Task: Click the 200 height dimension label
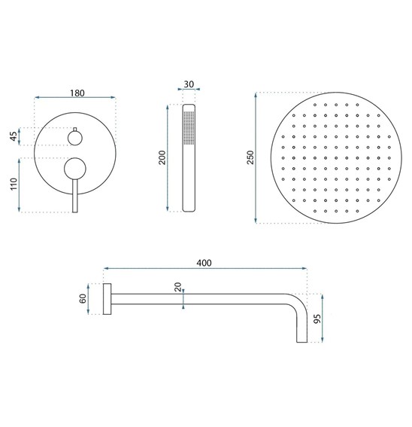(161, 158)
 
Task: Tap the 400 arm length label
(204, 263)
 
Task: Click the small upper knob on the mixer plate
(76, 137)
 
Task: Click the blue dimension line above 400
(204, 270)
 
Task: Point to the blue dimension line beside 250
(259, 158)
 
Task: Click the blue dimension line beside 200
(168, 158)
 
